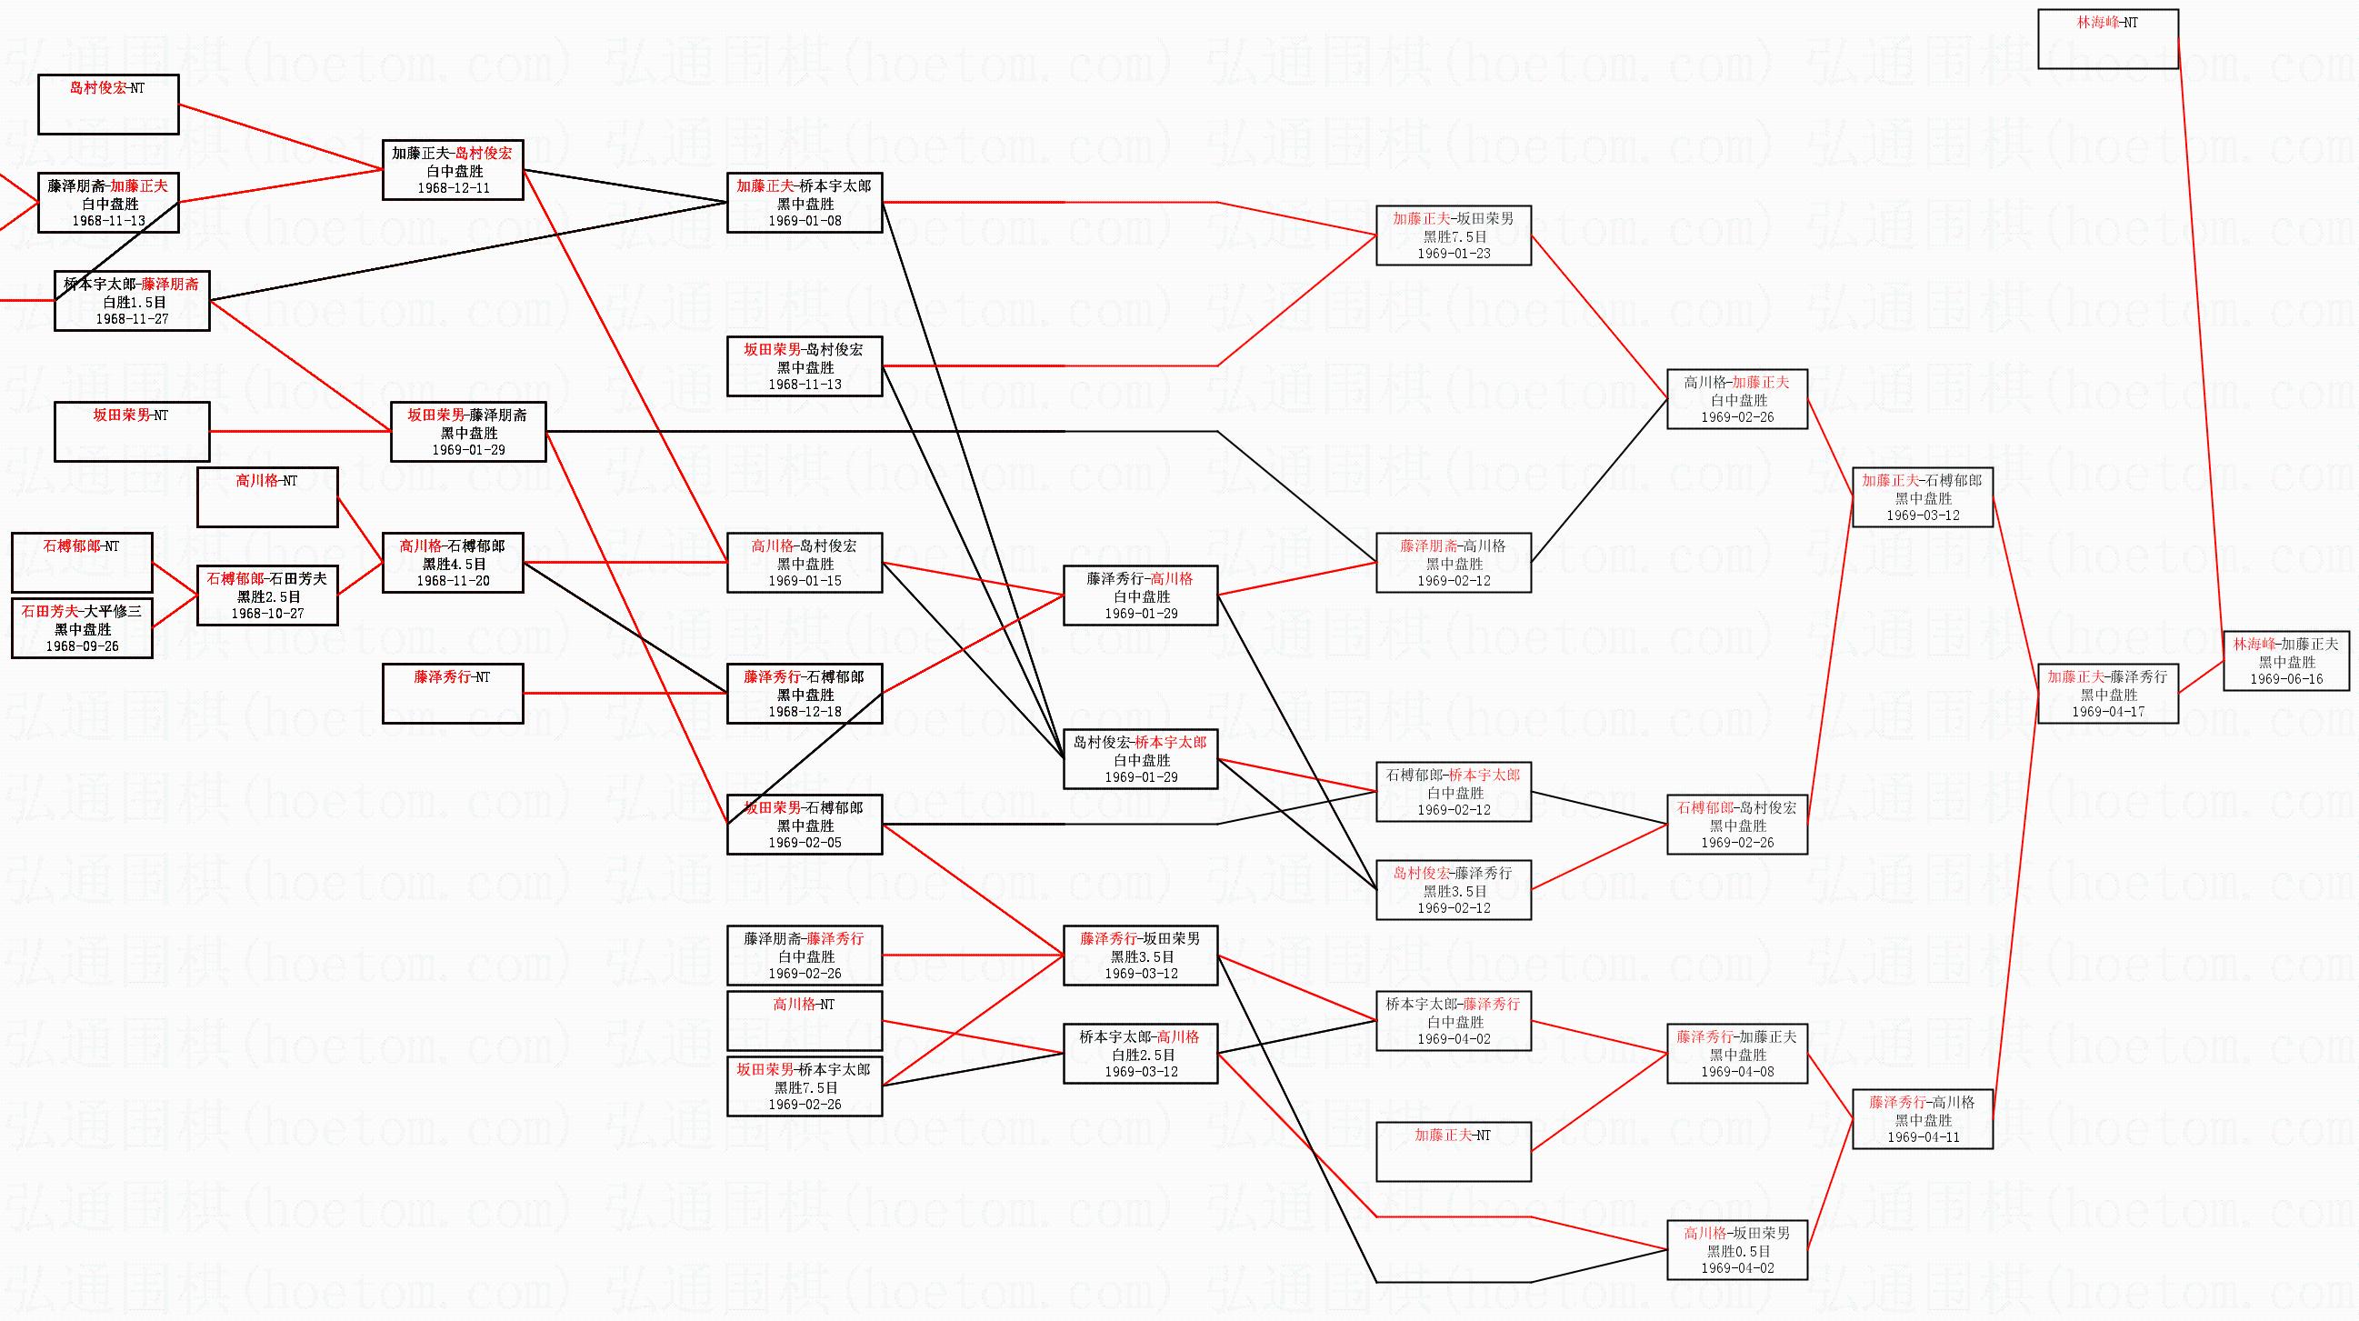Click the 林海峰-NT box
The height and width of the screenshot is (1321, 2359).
pyautogui.click(x=2107, y=38)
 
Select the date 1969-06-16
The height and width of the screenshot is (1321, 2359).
pyautogui.click(x=2285, y=680)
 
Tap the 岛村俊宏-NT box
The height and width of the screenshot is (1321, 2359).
pyautogui.click(x=108, y=105)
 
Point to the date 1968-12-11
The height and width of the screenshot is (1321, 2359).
pyautogui.click(x=454, y=189)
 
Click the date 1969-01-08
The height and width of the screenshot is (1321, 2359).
pyautogui.click(x=804, y=221)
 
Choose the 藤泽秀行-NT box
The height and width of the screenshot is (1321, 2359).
pyautogui.click(x=453, y=694)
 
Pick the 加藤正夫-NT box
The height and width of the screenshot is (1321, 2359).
pyautogui.click(x=1454, y=1152)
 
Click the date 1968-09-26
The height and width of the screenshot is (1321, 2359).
pyautogui.click(x=83, y=646)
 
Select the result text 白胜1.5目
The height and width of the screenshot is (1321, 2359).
pyautogui.click(x=132, y=303)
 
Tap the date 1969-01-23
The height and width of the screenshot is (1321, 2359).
pyautogui.click(x=1454, y=254)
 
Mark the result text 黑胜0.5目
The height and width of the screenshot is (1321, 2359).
pyautogui.click(x=1737, y=1251)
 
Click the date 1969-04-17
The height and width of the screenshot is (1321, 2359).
pyautogui.click(x=2107, y=712)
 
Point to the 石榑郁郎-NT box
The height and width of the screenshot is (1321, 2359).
pyautogui.click(x=83, y=563)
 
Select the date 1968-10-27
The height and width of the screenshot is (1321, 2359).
pyautogui.click(x=267, y=614)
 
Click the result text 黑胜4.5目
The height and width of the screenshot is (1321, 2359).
pyautogui.click(x=453, y=565)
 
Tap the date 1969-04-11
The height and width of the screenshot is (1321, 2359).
pyautogui.click(x=1922, y=1137)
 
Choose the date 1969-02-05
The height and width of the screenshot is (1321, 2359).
pyautogui.click(x=804, y=843)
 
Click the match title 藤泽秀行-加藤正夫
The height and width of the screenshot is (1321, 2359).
pyautogui.click(x=1737, y=1037)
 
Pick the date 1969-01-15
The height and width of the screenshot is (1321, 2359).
pyautogui.click(x=804, y=581)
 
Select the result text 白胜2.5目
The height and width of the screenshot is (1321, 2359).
pyautogui.click(x=1140, y=1056)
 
